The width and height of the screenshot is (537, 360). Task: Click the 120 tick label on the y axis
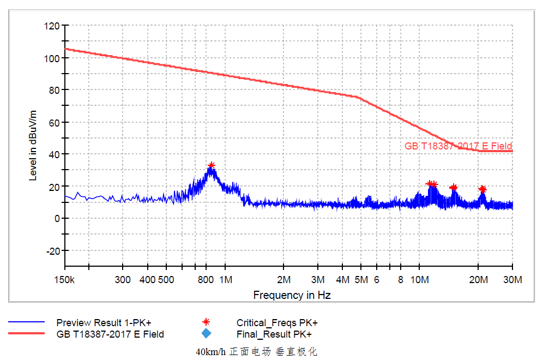pyautogui.click(x=52, y=26)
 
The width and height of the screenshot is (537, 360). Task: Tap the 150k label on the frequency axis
pyautogui.click(x=65, y=280)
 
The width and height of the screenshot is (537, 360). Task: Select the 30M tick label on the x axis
pyautogui.click(x=512, y=280)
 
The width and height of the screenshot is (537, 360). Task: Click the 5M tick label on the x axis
pyautogui.click(x=361, y=280)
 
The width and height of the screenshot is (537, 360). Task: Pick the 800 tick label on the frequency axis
pyautogui.click(x=206, y=280)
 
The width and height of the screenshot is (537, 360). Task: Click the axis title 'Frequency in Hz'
pyautogui.click(x=292, y=295)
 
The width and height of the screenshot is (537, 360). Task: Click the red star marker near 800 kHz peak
pyautogui.click(x=212, y=165)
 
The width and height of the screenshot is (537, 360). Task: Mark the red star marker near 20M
pyautogui.click(x=482, y=189)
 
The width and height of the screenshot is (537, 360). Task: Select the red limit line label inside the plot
pyautogui.click(x=458, y=146)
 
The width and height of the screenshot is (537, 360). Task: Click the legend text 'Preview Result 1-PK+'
pyautogui.click(x=104, y=322)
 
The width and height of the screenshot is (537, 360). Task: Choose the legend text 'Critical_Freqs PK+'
pyautogui.click(x=277, y=322)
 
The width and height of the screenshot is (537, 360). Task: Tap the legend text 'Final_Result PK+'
pyautogui.click(x=274, y=334)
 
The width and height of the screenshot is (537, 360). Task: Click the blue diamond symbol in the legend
pyautogui.click(x=206, y=334)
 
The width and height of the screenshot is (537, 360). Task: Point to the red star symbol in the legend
pyautogui.click(x=206, y=322)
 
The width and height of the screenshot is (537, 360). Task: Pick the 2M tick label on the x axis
pyautogui.click(x=283, y=280)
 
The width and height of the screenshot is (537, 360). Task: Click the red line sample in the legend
pyautogui.click(x=26, y=334)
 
